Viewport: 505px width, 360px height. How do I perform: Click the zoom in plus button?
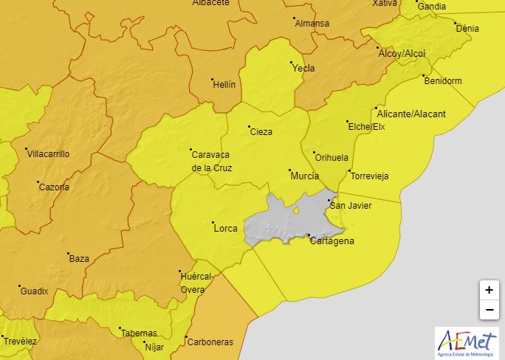(489, 290)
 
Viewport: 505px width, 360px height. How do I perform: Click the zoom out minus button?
(489, 310)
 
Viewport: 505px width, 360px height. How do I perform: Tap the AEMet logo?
(467, 342)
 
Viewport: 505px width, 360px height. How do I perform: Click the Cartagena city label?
(332, 241)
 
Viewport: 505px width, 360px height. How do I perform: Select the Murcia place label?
(305, 176)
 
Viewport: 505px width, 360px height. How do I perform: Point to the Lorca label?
(225, 229)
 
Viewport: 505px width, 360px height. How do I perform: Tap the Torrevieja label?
(369, 176)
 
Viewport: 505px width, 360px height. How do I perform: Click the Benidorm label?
(443, 80)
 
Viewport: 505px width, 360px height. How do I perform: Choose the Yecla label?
(303, 69)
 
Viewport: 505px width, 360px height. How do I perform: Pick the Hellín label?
(224, 84)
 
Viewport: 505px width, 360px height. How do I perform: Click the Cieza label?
(261, 132)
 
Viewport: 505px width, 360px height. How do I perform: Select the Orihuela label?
(331, 157)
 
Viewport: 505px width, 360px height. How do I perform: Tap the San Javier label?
(351, 205)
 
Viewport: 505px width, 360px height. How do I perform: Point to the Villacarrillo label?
(48, 154)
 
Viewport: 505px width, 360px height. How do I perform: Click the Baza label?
(79, 259)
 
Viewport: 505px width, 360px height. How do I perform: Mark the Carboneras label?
(210, 342)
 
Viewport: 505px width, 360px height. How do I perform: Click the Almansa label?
(312, 24)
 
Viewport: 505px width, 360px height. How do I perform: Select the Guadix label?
(34, 291)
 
